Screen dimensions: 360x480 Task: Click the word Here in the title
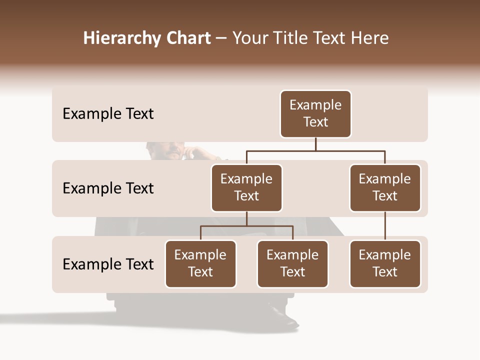tap(369, 38)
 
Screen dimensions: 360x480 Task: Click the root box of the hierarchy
tap(315, 114)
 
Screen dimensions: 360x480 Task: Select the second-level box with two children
tap(246, 188)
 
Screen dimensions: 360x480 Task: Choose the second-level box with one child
tap(385, 188)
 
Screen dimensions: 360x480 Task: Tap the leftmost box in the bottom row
tap(200, 264)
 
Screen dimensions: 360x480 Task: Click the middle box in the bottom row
tap(292, 264)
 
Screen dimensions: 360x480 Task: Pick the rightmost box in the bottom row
tap(385, 264)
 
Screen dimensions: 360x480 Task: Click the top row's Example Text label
tap(108, 114)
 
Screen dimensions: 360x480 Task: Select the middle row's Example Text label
tap(108, 188)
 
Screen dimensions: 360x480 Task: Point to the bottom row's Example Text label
tap(108, 264)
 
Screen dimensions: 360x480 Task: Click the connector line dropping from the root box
tap(315, 144)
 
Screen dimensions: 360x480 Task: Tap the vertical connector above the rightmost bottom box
tap(385, 226)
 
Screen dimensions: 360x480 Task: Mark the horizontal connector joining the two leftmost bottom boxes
tap(246, 226)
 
